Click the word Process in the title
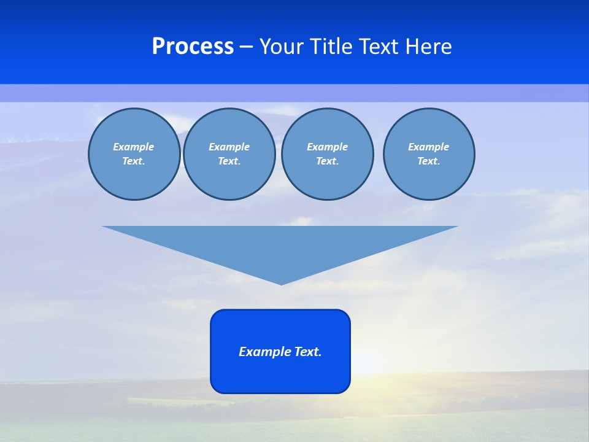pos(193,47)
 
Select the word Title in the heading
pos(330,47)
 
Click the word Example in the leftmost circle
pos(134,147)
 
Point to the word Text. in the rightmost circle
pos(428,161)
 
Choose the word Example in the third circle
pos(327,147)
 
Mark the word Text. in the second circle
pos(229,161)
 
